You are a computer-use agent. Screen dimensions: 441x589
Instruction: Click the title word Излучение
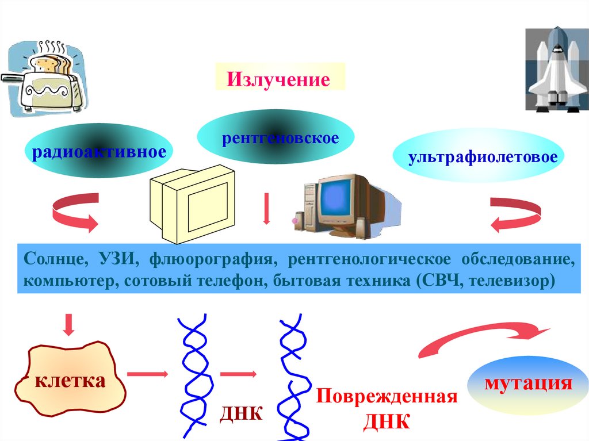click(x=280, y=79)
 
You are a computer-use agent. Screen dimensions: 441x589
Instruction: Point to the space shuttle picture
click(x=555, y=68)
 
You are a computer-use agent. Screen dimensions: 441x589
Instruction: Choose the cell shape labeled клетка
click(x=69, y=379)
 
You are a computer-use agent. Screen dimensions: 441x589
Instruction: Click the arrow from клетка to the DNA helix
click(x=147, y=374)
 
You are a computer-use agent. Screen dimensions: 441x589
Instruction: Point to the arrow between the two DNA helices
click(x=239, y=374)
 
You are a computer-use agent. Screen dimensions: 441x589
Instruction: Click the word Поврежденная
click(x=387, y=397)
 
